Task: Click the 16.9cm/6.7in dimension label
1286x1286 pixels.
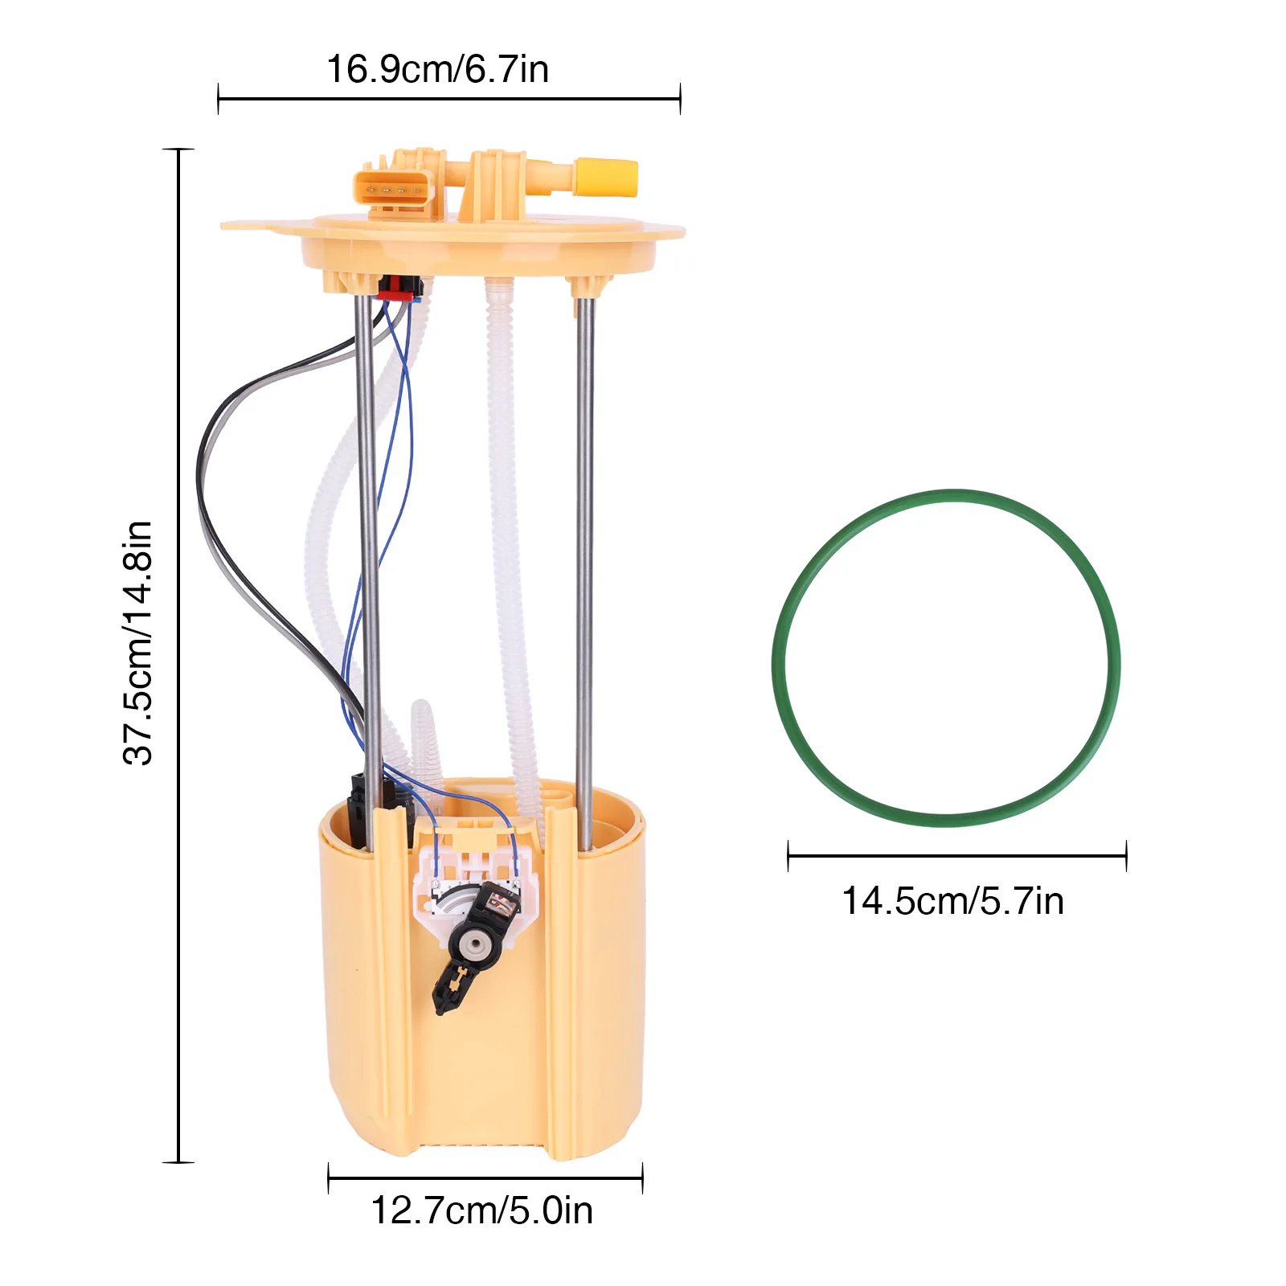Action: click(x=437, y=69)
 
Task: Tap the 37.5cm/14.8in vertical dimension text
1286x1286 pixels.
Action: click(x=137, y=642)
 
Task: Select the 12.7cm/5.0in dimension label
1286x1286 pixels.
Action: click(x=481, y=1210)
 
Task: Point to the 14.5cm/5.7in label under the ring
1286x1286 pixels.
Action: click(x=952, y=901)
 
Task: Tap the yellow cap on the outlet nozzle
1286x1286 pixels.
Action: click(x=606, y=178)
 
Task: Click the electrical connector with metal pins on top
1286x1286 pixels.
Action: click(x=394, y=190)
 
